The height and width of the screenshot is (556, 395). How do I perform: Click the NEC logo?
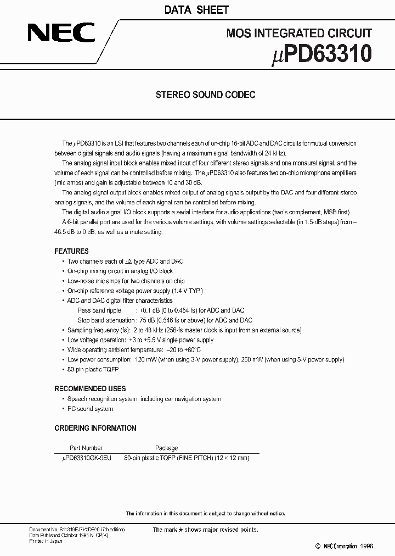[62, 34]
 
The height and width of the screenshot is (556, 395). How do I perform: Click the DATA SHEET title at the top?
[197, 10]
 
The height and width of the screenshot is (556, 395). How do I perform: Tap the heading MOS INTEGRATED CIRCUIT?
[299, 34]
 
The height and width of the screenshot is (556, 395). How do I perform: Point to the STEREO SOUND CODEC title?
[206, 94]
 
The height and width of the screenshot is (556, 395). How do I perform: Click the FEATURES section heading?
[71, 251]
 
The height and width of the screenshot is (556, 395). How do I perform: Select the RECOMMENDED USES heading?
[90, 388]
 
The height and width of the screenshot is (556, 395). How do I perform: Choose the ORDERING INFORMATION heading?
[95, 428]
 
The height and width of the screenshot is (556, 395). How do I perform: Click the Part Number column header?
[86, 448]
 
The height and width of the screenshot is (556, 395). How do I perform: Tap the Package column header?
[166, 448]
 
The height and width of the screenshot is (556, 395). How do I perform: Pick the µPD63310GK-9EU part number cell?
[86, 457]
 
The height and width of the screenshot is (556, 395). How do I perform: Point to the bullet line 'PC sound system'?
[90, 409]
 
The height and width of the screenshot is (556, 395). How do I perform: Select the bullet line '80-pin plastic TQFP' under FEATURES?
[93, 370]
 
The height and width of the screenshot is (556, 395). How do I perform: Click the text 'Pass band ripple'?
[99, 310]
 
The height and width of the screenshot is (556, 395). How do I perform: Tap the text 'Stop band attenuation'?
[106, 320]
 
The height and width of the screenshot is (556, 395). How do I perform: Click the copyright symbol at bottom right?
[318, 546]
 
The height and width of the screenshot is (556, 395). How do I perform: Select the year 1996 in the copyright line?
[366, 546]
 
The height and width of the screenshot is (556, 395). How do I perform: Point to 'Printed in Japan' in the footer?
[46, 541]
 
